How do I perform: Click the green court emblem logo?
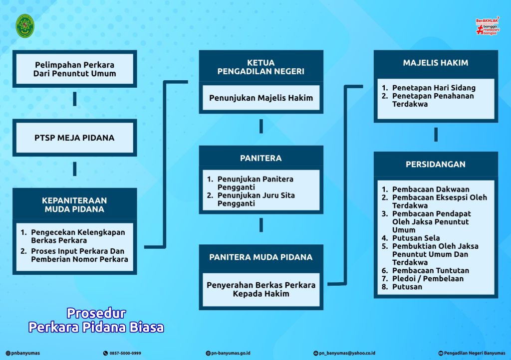click(25, 26)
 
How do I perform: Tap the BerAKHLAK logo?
click(488, 26)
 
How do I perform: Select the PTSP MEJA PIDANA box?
click(75, 138)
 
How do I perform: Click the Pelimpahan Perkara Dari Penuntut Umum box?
click(75, 69)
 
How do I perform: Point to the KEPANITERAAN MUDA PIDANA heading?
click(75, 205)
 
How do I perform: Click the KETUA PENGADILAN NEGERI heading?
click(261, 67)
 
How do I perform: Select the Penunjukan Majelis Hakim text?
click(261, 98)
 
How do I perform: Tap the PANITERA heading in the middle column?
click(261, 158)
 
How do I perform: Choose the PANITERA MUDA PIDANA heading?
click(261, 257)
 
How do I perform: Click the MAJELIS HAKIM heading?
click(436, 63)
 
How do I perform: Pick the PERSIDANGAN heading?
click(436, 165)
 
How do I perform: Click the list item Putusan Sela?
click(416, 238)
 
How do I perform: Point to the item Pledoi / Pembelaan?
click(428, 279)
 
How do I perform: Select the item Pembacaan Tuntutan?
click(431, 270)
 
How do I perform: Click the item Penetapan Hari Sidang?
click(434, 88)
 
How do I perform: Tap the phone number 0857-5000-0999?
click(125, 353)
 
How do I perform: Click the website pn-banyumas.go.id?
click(231, 353)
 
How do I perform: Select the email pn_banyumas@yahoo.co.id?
click(347, 353)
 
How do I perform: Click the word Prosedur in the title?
click(96, 313)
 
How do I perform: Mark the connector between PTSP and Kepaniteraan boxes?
click(75, 169)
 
